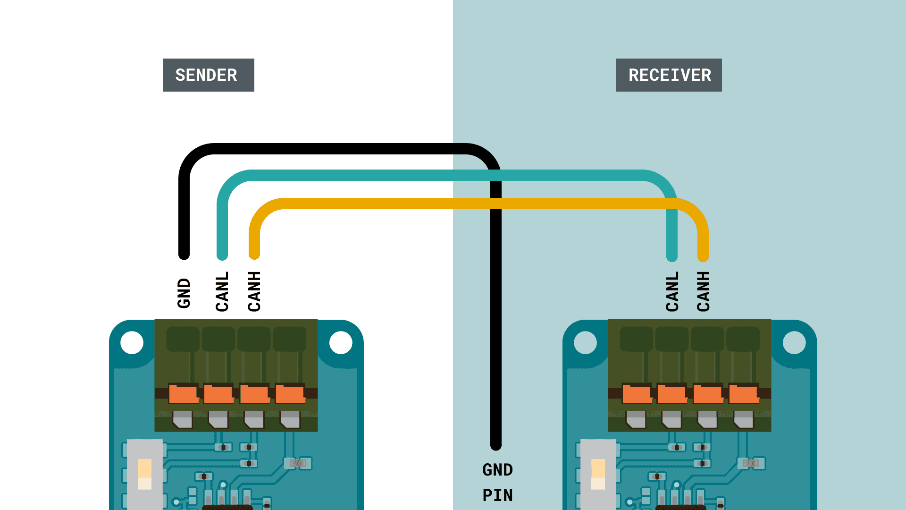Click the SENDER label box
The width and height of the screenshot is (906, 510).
pyautogui.click(x=208, y=75)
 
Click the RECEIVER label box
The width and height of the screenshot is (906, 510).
pyautogui.click(x=669, y=75)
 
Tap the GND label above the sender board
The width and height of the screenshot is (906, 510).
pyautogui.click(x=184, y=293)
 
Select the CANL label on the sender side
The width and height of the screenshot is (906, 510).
pyautogui.click(x=222, y=291)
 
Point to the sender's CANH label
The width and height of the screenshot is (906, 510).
pyautogui.click(x=254, y=291)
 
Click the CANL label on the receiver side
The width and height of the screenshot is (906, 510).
pyautogui.click(x=672, y=291)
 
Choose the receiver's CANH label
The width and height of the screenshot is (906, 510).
pyautogui.click(x=704, y=291)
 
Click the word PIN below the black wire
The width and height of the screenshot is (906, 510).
pyautogui.click(x=497, y=495)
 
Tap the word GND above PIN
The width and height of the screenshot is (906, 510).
pyautogui.click(x=497, y=470)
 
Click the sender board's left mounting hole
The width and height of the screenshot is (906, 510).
pyautogui.click(x=132, y=342)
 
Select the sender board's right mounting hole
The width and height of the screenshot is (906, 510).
pyautogui.click(x=341, y=342)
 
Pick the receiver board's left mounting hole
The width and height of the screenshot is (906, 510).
pyautogui.click(x=586, y=342)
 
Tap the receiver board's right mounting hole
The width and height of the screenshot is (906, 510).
pyautogui.click(x=794, y=342)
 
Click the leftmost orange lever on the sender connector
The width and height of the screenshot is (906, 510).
pyautogui.click(x=183, y=394)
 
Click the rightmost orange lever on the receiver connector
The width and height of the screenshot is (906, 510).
pyautogui.click(x=743, y=394)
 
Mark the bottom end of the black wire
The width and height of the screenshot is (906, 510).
pyautogui.click(x=496, y=445)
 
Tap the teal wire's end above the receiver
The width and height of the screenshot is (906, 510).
pyautogui.click(x=672, y=256)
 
